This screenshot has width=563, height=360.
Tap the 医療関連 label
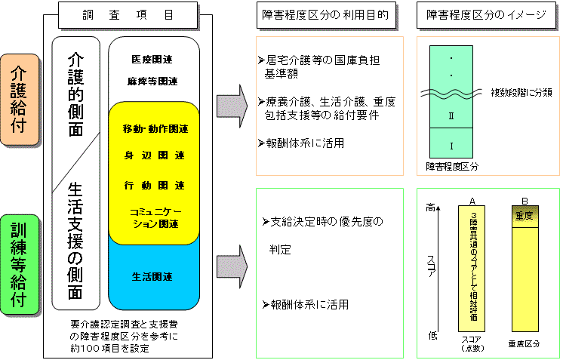(x=153, y=59)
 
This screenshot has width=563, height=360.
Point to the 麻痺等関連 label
(x=153, y=82)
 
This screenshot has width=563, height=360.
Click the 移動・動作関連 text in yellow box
(x=155, y=129)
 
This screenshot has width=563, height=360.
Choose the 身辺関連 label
(x=155, y=156)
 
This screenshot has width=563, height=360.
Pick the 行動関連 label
(x=155, y=185)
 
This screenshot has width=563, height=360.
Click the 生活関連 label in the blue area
(x=153, y=276)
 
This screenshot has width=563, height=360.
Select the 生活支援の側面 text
(x=75, y=241)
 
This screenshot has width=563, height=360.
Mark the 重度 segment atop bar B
(x=525, y=216)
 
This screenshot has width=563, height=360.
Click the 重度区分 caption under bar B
(x=524, y=343)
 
